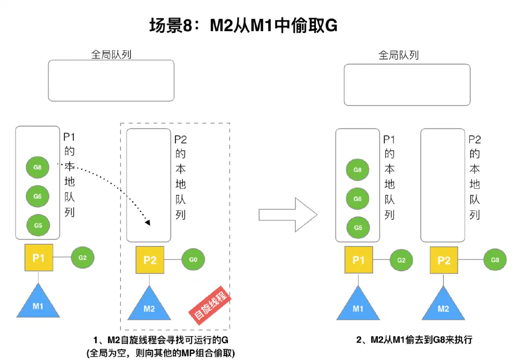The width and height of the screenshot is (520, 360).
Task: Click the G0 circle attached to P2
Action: (193, 259)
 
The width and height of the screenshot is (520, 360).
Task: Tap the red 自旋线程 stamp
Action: (210, 305)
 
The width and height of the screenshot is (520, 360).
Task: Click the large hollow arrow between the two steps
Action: (288, 214)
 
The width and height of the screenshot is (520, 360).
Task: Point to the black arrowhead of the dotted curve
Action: (148, 223)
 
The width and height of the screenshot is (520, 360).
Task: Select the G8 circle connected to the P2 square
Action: (495, 260)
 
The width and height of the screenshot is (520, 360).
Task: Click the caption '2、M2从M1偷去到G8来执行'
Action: (414, 340)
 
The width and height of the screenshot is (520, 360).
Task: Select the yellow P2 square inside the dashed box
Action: (150, 260)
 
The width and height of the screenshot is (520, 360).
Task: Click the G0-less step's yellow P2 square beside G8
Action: (444, 260)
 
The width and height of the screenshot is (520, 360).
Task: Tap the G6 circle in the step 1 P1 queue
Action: (37, 196)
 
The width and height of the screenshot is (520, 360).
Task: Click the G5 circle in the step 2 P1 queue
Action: (358, 227)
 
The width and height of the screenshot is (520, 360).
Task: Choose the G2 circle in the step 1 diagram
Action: (82, 257)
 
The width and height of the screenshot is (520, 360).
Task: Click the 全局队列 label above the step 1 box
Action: (111, 55)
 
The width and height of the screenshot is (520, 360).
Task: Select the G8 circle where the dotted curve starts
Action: (37, 167)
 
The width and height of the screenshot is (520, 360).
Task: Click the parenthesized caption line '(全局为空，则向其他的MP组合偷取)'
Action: (161, 353)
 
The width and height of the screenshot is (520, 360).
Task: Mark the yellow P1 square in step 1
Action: (39, 257)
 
